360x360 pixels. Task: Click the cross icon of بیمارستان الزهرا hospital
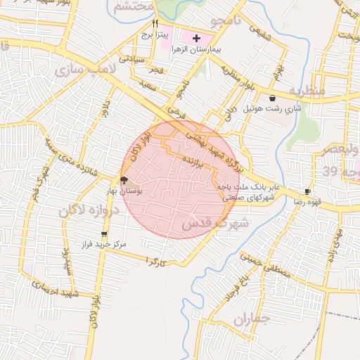tap(196, 37)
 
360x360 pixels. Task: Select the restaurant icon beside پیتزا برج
tap(155, 22)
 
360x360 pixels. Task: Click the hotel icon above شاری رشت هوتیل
tap(272, 98)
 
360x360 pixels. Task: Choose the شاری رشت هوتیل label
tap(272, 109)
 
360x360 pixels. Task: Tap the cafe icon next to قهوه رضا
tap(307, 191)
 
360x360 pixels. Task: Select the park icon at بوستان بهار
tap(124, 180)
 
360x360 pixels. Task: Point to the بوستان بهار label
tap(126, 191)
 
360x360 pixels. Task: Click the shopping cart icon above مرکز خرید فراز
tap(105, 233)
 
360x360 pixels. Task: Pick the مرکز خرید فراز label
tap(104, 244)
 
